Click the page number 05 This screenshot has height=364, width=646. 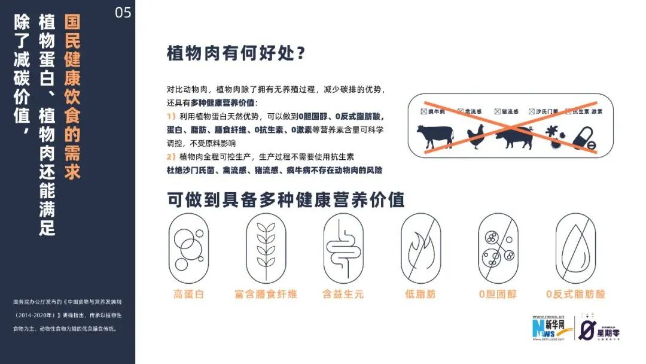[x=123, y=13]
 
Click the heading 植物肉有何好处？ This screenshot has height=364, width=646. [x=237, y=53]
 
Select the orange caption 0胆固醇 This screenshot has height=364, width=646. [x=498, y=294]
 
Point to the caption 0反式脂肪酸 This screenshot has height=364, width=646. [x=575, y=294]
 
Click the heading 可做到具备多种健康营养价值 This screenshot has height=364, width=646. [x=286, y=199]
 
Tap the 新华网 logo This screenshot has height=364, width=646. [x=551, y=328]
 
